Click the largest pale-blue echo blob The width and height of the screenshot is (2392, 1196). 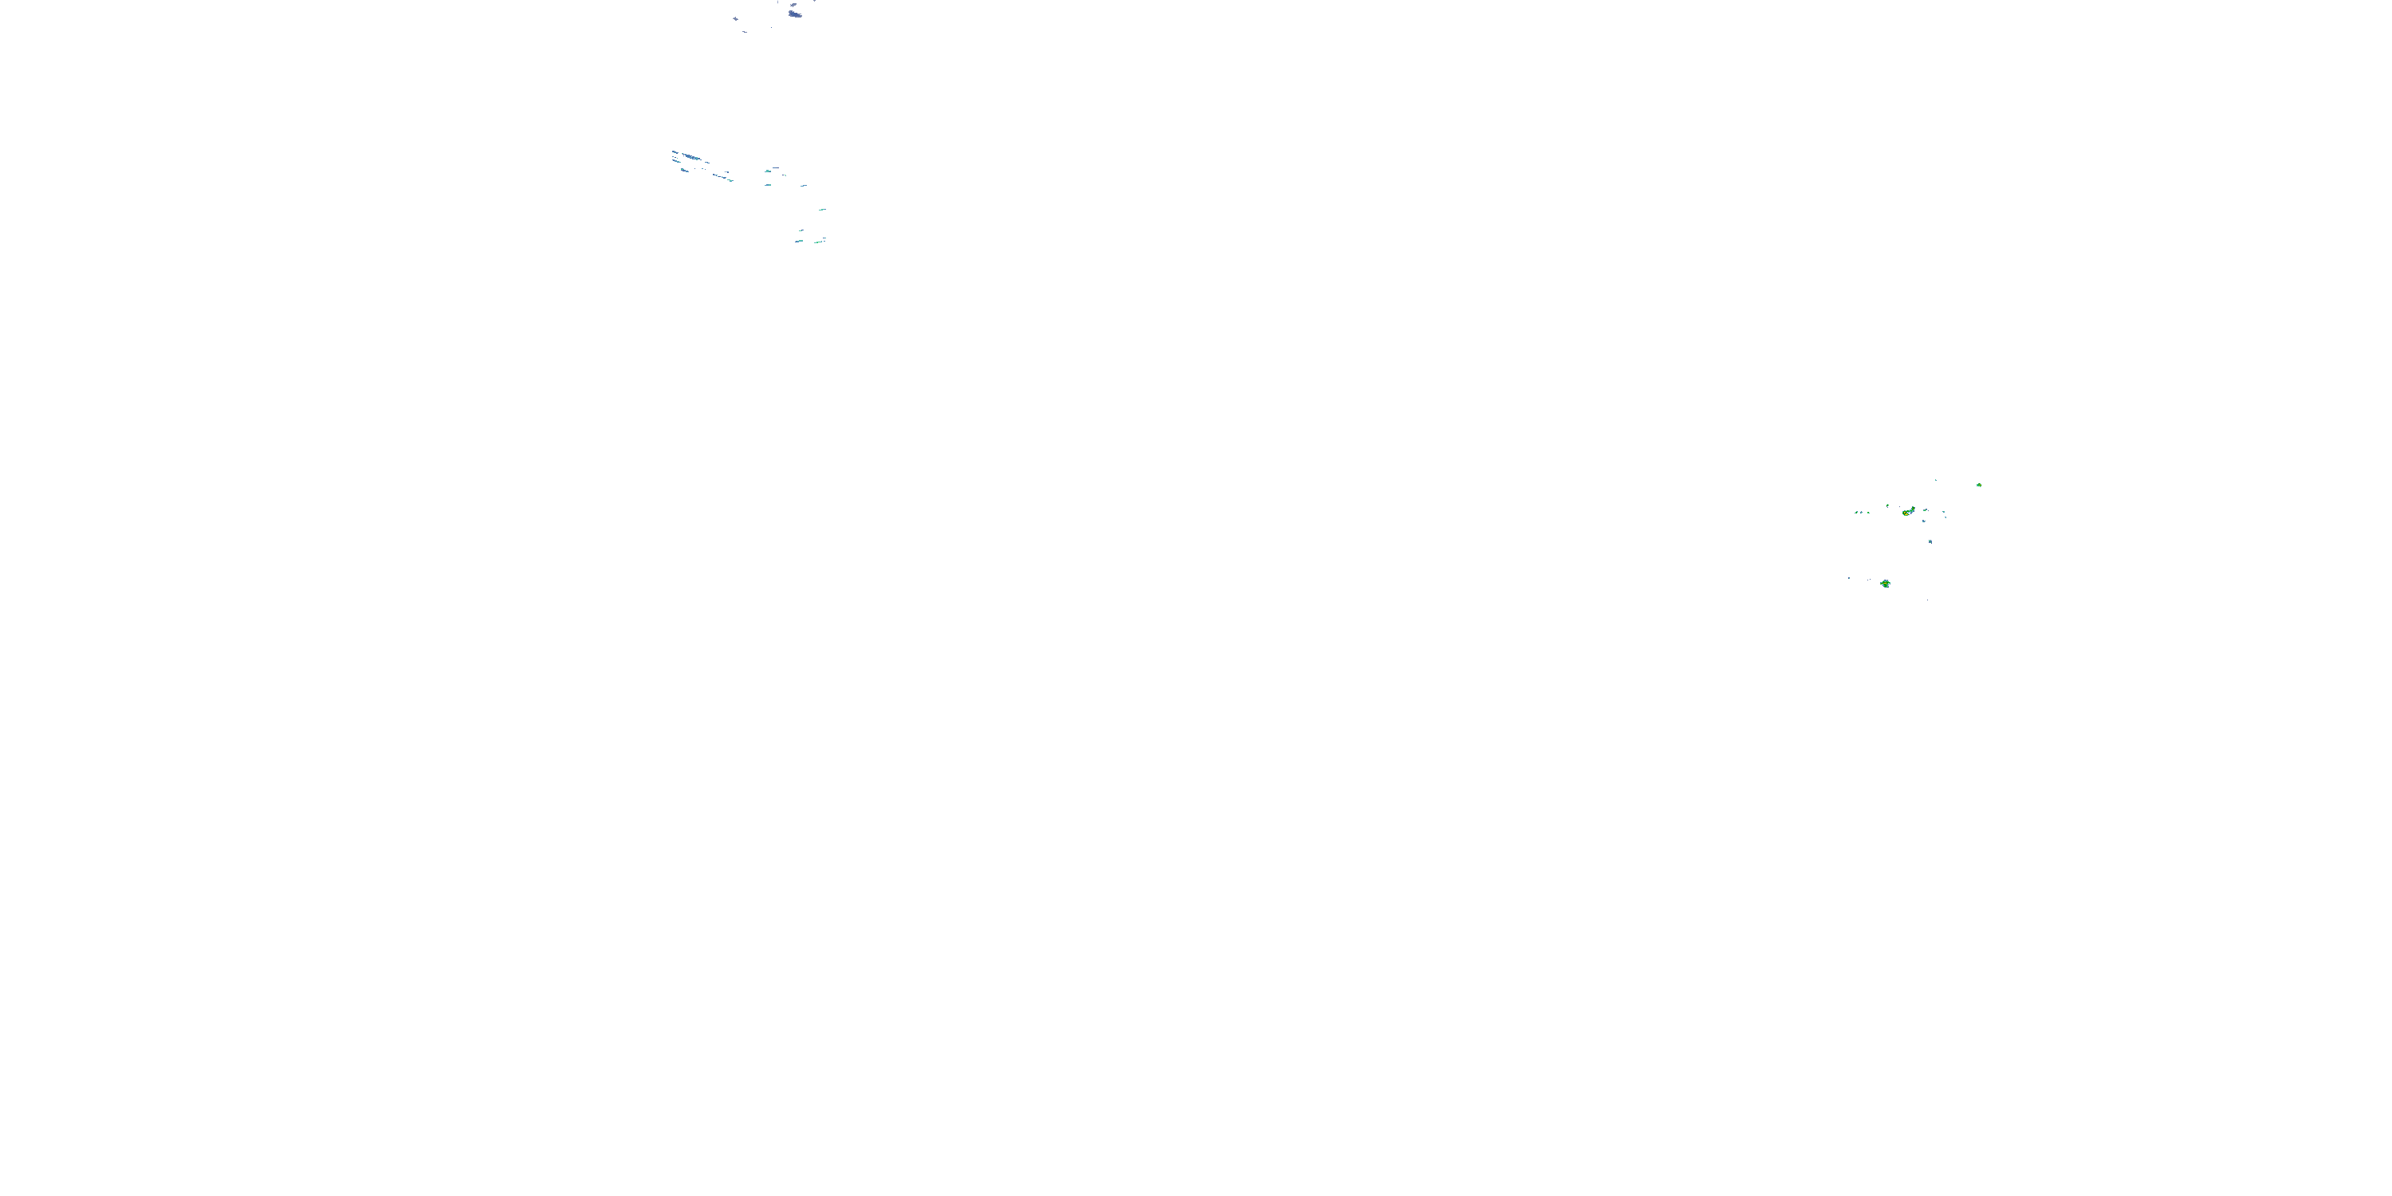[795, 14]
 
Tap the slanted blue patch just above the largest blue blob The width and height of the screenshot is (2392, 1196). [793, 5]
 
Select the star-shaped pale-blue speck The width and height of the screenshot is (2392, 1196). [735, 18]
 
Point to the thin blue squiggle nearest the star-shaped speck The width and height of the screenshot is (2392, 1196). [745, 32]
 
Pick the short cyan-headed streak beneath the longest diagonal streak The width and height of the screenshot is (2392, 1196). [685, 170]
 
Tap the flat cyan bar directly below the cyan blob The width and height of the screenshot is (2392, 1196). [769, 184]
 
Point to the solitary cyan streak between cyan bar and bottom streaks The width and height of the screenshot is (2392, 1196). [822, 210]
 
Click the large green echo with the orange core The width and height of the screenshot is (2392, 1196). [1908, 512]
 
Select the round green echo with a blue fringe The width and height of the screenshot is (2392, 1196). [1885, 583]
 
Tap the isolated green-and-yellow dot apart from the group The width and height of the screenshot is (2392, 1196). [1979, 485]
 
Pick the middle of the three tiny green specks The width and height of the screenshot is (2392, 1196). [1861, 512]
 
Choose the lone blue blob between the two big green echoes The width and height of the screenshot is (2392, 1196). [1930, 541]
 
